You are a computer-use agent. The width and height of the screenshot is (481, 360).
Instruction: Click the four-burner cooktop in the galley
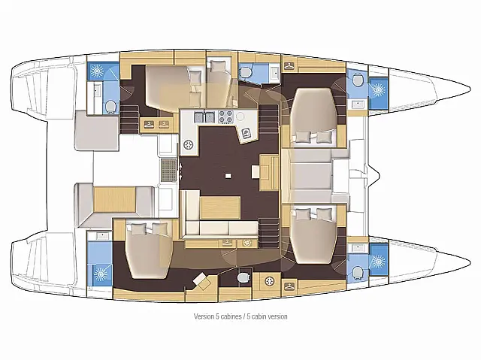click(225, 117)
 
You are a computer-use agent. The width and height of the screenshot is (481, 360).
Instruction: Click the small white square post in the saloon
click(228, 176)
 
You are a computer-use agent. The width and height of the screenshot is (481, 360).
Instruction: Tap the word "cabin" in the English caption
click(260, 316)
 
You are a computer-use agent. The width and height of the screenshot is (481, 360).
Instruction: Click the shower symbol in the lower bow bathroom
click(377, 262)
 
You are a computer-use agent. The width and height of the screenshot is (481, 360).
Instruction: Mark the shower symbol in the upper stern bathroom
click(98, 72)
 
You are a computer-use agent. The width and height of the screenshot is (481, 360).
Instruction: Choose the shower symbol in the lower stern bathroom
click(98, 268)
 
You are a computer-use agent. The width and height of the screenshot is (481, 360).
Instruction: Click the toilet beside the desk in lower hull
click(241, 279)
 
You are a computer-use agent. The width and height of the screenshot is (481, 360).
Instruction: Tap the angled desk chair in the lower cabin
click(201, 282)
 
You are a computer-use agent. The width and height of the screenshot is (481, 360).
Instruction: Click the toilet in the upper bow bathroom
click(358, 80)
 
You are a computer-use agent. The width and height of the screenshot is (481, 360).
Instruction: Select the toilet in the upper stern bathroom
click(110, 104)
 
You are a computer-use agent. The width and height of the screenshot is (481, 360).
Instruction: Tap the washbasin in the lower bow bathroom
click(357, 247)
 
